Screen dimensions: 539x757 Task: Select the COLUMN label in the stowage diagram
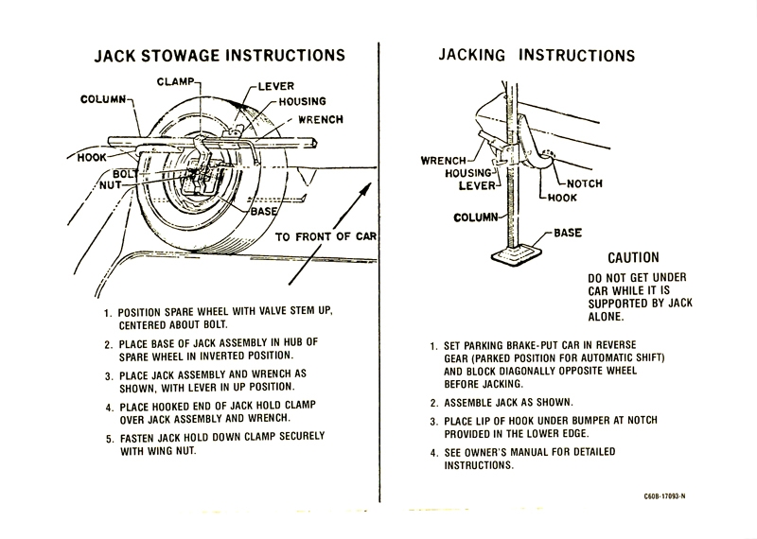[108, 98]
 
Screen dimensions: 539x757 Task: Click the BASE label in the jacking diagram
[567, 233]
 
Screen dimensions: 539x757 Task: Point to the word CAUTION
[633, 257]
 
